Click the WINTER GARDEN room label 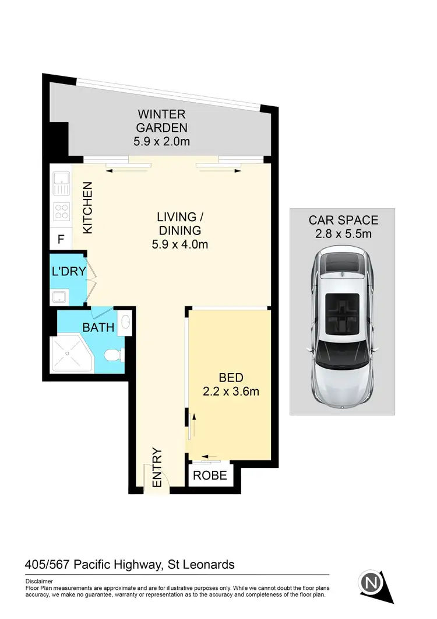pyautogui.click(x=162, y=120)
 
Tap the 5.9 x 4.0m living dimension pyautogui.click(x=179, y=244)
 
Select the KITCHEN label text pyautogui.click(x=87, y=208)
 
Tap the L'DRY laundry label pyautogui.click(x=69, y=271)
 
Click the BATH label pyautogui.click(x=98, y=328)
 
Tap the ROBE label pyautogui.click(x=210, y=475)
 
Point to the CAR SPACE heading pyautogui.click(x=343, y=221)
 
